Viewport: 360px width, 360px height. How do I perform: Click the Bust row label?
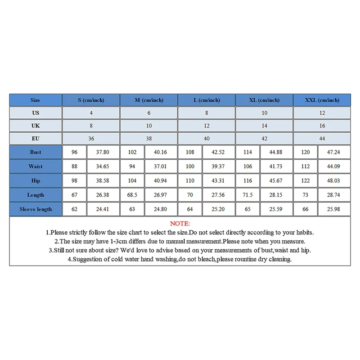pyautogui.click(x=36, y=152)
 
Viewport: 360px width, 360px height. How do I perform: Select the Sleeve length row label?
pyautogui.click(x=36, y=209)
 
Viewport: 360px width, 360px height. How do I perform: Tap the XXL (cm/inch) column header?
pyautogui.click(x=322, y=100)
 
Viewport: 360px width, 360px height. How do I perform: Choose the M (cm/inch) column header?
pyautogui.click(x=149, y=100)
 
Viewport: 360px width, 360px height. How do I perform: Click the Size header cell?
pyautogui.click(x=36, y=100)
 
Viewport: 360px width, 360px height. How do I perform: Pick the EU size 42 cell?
pyautogui.click(x=264, y=139)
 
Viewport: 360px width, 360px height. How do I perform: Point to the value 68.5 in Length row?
pyautogui.click(x=132, y=195)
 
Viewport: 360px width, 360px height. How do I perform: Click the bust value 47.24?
pyautogui.click(x=334, y=152)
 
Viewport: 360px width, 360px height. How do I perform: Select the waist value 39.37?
pyautogui.click(x=218, y=166)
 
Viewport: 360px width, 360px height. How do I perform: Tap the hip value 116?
pyautogui.click(x=247, y=180)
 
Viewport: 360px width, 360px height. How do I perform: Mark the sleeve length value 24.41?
pyautogui.click(x=103, y=209)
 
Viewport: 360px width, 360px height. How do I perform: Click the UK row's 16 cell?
pyautogui.click(x=322, y=126)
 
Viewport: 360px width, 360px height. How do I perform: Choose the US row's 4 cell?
pyautogui.click(x=91, y=113)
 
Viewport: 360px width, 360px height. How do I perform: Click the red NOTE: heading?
pyautogui.click(x=180, y=223)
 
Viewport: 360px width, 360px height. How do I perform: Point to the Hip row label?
pyautogui.click(x=36, y=180)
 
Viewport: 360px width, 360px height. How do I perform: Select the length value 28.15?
pyautogui.click(x=276, y=195)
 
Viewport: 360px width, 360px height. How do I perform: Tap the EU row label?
pyautogui.click(x=36, y=139)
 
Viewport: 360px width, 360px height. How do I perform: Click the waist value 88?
pyautogui.click(x=74, y=166)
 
